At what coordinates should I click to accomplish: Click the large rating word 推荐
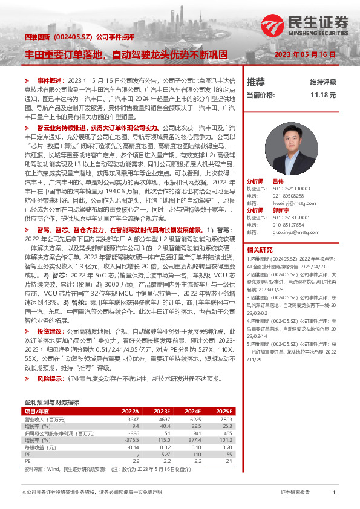coord(256,81)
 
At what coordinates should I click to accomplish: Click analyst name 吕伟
coord(278,181)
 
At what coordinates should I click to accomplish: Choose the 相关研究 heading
coord(260,249)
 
